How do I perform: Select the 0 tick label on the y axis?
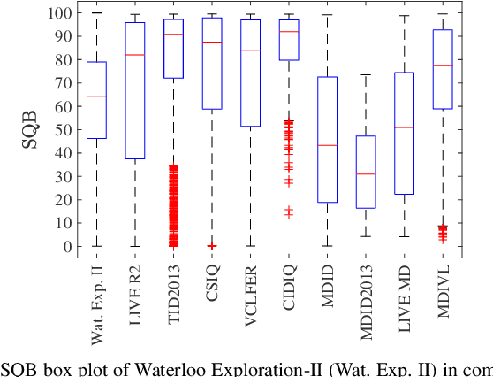coord(65,246)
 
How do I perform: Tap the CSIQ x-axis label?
coord(212,286)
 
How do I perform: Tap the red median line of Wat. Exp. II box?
coord(97,96)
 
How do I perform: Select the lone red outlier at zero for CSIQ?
coord(212,246)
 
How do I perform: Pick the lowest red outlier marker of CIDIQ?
coord(288,214)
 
